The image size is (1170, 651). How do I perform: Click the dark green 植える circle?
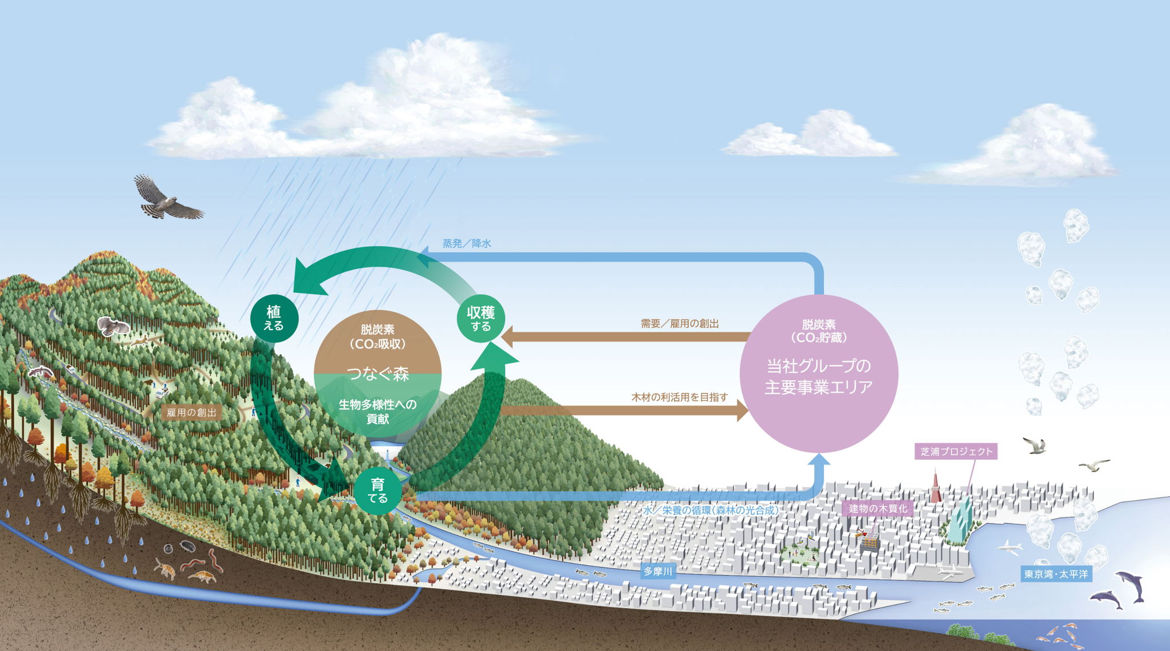pyautogui.click(x=274, y=318)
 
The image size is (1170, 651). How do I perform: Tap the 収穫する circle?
pyautogui.click(x=480, y=318)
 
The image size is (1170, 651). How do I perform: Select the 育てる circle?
pyautogui.click(x=378, y=491)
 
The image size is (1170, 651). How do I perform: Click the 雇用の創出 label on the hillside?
pyautogui.click(x=191, y=412)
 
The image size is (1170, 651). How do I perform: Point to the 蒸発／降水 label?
pyautogui.click(x=467, y=244)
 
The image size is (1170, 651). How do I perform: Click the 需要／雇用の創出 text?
pyautogui.click(x=679, y=324)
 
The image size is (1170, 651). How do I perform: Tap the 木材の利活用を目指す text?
pyautogui.click(x=679, y=397)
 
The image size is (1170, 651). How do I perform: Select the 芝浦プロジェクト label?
pyautogui.click(x=956, y=452)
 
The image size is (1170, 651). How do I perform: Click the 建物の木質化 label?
pyautogui.click(x=877, y=509)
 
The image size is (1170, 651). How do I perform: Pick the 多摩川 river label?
pyautogui.click(x=658, y=571)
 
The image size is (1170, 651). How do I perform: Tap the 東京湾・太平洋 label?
pyautogui.click(x=1056, y=574)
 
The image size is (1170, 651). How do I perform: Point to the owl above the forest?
pyautogui.click(x=114, y=326)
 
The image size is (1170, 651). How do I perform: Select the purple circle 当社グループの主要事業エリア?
pyautogui.click(x=819, y=374)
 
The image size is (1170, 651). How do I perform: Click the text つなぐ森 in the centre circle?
pyautogui.click(x=378, y=374)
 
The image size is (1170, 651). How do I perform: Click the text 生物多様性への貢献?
pyautogui.click(x=378, y=411)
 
